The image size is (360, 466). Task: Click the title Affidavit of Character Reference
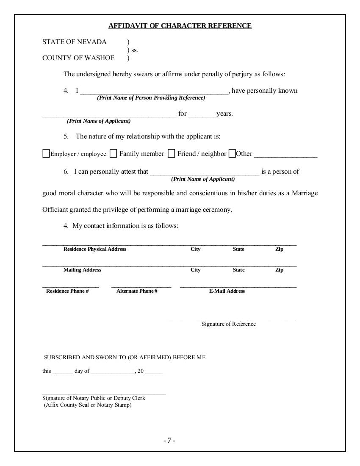point(180,26)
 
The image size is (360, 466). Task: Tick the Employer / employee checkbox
point(46,154)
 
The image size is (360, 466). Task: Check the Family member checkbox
point(113,154)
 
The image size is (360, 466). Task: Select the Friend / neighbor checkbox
point(171,154)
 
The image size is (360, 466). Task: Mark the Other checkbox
point(232,154)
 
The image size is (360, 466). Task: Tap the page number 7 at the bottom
point(169,440)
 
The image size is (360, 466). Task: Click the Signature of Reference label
point(229,324)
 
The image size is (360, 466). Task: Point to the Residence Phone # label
point(67,291)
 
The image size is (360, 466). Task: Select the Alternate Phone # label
point(137,291)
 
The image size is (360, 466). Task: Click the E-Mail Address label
point(227,291)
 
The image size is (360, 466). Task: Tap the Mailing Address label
point(82,270)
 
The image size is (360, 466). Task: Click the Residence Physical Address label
point(95,249)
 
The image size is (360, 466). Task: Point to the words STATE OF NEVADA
point(75,42)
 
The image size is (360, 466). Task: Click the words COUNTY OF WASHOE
point(78,58)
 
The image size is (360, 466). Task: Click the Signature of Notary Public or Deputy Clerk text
point(94,398)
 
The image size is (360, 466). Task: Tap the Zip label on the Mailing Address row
point(279,270)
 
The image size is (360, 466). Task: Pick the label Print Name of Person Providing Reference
point(151,98)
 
